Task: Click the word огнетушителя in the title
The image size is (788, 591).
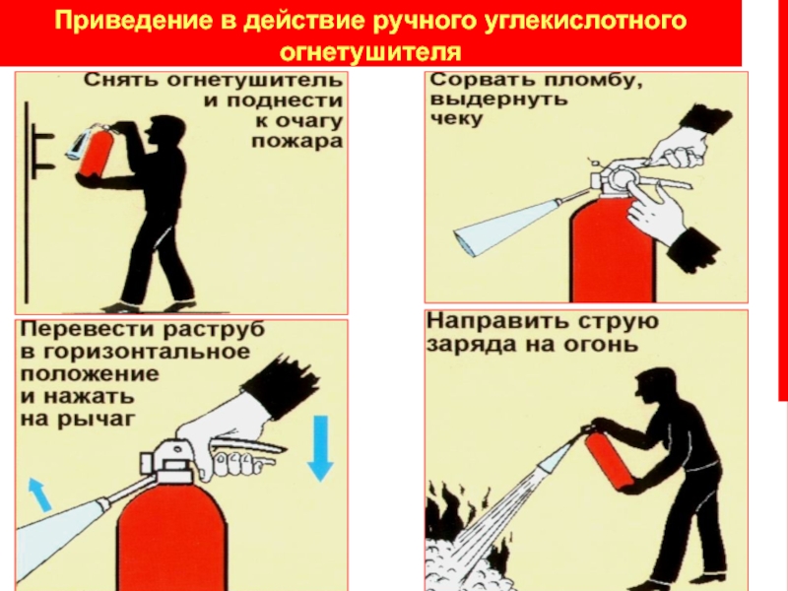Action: click(x=370, y=51)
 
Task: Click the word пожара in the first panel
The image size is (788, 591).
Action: click(x=296, y=142)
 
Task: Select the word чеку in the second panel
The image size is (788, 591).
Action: click(x=456, y=119)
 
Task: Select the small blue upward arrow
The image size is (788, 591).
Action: click(x=39, y=494)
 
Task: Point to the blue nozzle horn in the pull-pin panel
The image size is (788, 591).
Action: click(x=507, y=229)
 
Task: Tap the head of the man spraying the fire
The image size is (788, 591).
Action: click(x=651, y=386)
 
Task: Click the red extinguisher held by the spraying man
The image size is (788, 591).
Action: click(x=607, y=457)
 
